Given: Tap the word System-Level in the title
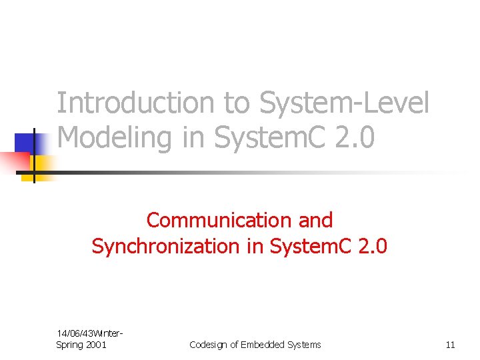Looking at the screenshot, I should coord(345,104).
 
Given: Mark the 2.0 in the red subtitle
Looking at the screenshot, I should coord(372,246).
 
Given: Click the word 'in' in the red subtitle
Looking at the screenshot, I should coord(251,246).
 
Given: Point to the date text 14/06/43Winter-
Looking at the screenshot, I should coord(89,333).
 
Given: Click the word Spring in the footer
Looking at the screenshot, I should coord(71,344).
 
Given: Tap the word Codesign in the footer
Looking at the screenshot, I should coord(209,345).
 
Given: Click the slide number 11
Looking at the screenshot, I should coord(450,345).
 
